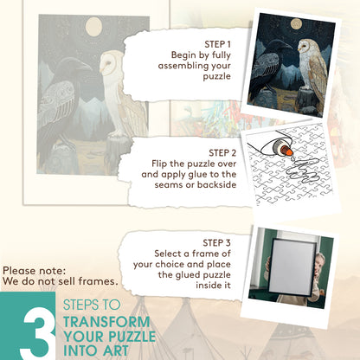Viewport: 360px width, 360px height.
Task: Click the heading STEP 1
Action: (x=217, y=44)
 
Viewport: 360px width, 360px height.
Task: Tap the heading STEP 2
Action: (x=222, y=153)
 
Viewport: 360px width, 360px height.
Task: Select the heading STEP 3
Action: (x=216, y=243)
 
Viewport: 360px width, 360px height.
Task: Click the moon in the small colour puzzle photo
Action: (x=296, y=24)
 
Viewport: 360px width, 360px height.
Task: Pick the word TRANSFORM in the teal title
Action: (x=106, y=322)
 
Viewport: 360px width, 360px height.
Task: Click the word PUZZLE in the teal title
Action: (x=132, y=337)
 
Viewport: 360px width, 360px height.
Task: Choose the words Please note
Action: (x=34, y=271)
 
